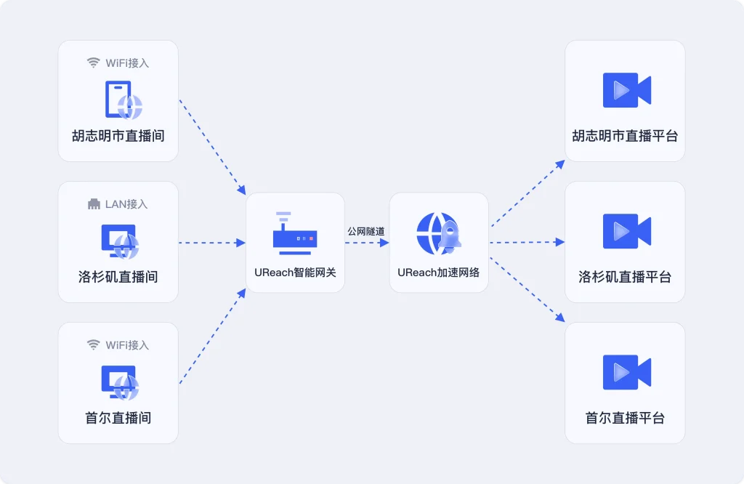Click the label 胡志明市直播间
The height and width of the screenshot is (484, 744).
[x=118, y=136]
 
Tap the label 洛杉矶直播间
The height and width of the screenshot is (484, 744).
[x=118, y=277]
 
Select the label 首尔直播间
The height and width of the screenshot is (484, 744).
[x=118, y=418]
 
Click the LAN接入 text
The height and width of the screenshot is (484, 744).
[x=126, y=204]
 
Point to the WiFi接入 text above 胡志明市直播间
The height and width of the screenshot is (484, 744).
[x=127, y=63]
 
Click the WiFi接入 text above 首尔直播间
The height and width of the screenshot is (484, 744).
[x=127, y=345]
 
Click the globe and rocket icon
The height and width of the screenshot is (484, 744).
[x=438, y=233]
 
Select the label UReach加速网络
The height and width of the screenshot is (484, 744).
[x=438, y=273]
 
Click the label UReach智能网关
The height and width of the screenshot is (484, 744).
[x=295, y=273]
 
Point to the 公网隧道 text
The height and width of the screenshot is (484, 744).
[x=366, y=231]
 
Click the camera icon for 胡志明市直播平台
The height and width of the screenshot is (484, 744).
[x=626, y=90]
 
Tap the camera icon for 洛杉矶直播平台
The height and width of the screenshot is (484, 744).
[x=626, y=231]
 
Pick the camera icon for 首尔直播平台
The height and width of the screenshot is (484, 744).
[x=626, y=372]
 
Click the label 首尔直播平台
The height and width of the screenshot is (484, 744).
[x=625, y=418]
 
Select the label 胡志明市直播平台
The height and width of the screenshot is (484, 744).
[x=625, y=136]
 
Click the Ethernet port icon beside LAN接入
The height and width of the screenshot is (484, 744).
[x=94, y=204]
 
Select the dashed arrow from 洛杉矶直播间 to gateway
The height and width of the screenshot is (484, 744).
[x=211, y=243]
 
